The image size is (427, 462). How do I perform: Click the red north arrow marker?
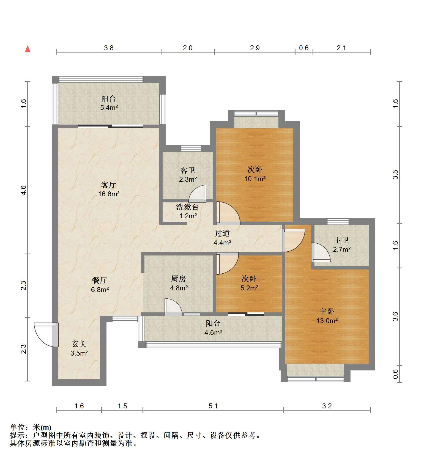(28, 49)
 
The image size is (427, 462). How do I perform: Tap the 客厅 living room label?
(109, 185)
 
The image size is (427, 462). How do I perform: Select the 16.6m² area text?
(109, 194)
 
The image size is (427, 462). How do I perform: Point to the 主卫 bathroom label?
(341, 240)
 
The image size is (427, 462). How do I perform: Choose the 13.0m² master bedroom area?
(327, 321)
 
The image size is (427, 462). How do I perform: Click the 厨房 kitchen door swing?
(173, 307)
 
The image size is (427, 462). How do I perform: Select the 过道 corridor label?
(222, 233)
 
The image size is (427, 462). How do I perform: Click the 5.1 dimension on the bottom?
(213, 406)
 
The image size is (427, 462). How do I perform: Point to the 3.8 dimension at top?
(109, 48)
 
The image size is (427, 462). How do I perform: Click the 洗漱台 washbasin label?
(187, 207)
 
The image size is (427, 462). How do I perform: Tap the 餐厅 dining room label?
(100, 280)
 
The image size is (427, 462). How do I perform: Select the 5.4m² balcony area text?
(109, 108)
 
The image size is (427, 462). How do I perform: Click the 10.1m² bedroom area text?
(255, 179)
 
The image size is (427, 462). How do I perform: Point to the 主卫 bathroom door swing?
(321, 252)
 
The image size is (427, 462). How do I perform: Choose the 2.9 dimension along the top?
(255, 48)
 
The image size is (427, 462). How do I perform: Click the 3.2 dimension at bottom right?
(327, 406)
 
